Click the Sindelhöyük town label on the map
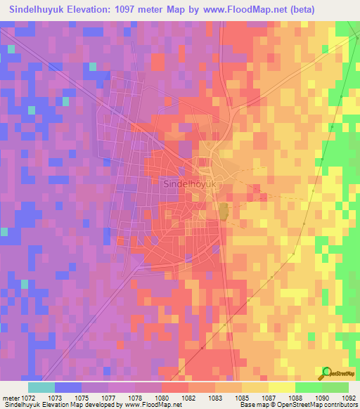[191, 183]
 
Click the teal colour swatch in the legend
[41, 387]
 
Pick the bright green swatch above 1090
[308, 387]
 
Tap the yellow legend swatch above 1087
[281, 387]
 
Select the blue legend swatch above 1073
[67, 387]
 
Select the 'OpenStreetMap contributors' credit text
[319, 405]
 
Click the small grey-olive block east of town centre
[223, 211]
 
